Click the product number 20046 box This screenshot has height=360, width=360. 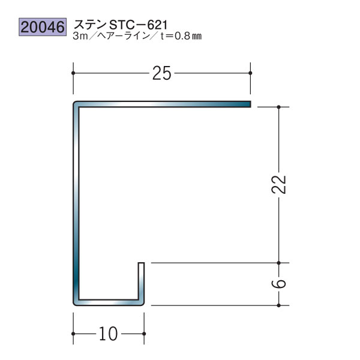[x=43, y=27]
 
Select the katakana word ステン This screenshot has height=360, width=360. [x=90, y=25]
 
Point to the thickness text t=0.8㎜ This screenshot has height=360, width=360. [x=181, y=36]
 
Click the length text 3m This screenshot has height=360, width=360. [x=80, y=36]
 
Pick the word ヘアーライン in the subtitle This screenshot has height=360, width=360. [x=124, y=36]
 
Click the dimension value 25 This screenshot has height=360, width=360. [x=161, y=73]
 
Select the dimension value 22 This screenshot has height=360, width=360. [x=278, y=185]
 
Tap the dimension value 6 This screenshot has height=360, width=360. [x=278, y=284]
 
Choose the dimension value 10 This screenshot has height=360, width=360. [x=109, y=334]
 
